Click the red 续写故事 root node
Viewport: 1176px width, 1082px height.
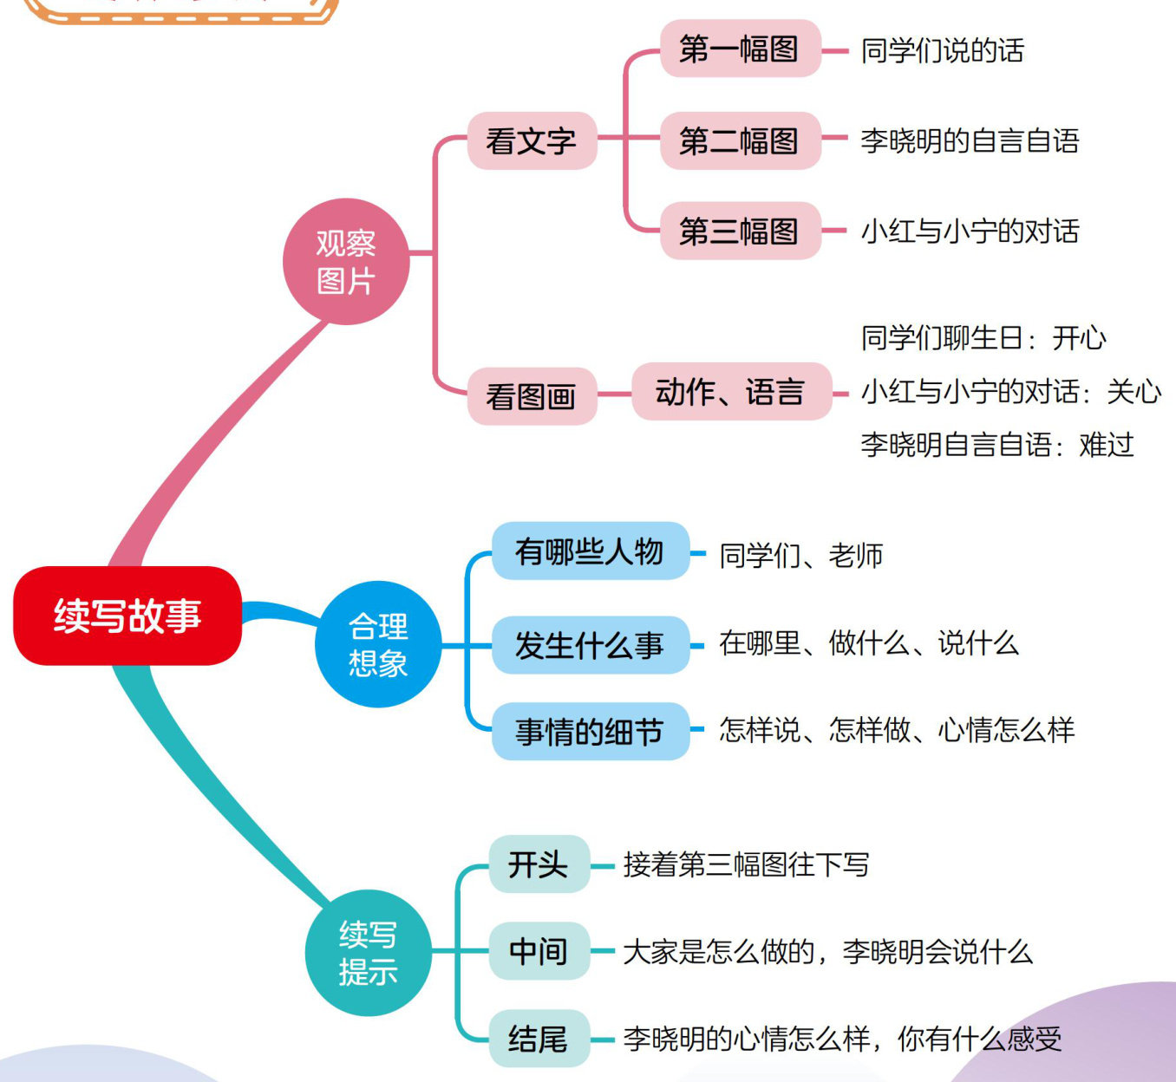(x=127, y=616)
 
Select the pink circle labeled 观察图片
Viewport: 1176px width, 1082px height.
(x=345, y=261)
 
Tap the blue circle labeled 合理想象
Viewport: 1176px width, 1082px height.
(x=378, y=644)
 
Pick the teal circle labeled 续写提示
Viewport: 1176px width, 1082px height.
(x=368, y=953)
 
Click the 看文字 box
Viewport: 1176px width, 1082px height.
(x=532, y=140)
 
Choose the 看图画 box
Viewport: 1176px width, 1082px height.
(x=532, y=396)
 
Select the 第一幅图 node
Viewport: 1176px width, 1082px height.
(x=740, y=49)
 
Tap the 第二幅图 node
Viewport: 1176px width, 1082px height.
(x=740, y=140)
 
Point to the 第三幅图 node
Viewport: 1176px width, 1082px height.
(x=740, y=231)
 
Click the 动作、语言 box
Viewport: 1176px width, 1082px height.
(x=730, y=392)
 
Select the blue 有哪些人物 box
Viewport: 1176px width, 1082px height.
(x=590, y=551)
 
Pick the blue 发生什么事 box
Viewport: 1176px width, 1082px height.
(x=590, y=645)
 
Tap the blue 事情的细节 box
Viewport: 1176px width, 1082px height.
(x=590, y=732)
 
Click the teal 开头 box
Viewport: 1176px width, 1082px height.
(x=539, y=864)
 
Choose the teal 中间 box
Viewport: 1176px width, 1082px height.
(x=539, y=951)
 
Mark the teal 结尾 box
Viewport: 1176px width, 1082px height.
(x=539, y=1039)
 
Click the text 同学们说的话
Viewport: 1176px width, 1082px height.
(x=943, y=50)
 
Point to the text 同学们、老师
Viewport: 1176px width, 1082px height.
(x=801, y=555)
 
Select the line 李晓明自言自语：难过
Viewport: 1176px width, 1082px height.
(x=997, y=445)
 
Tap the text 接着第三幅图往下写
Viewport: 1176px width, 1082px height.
(x=746, y=864)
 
